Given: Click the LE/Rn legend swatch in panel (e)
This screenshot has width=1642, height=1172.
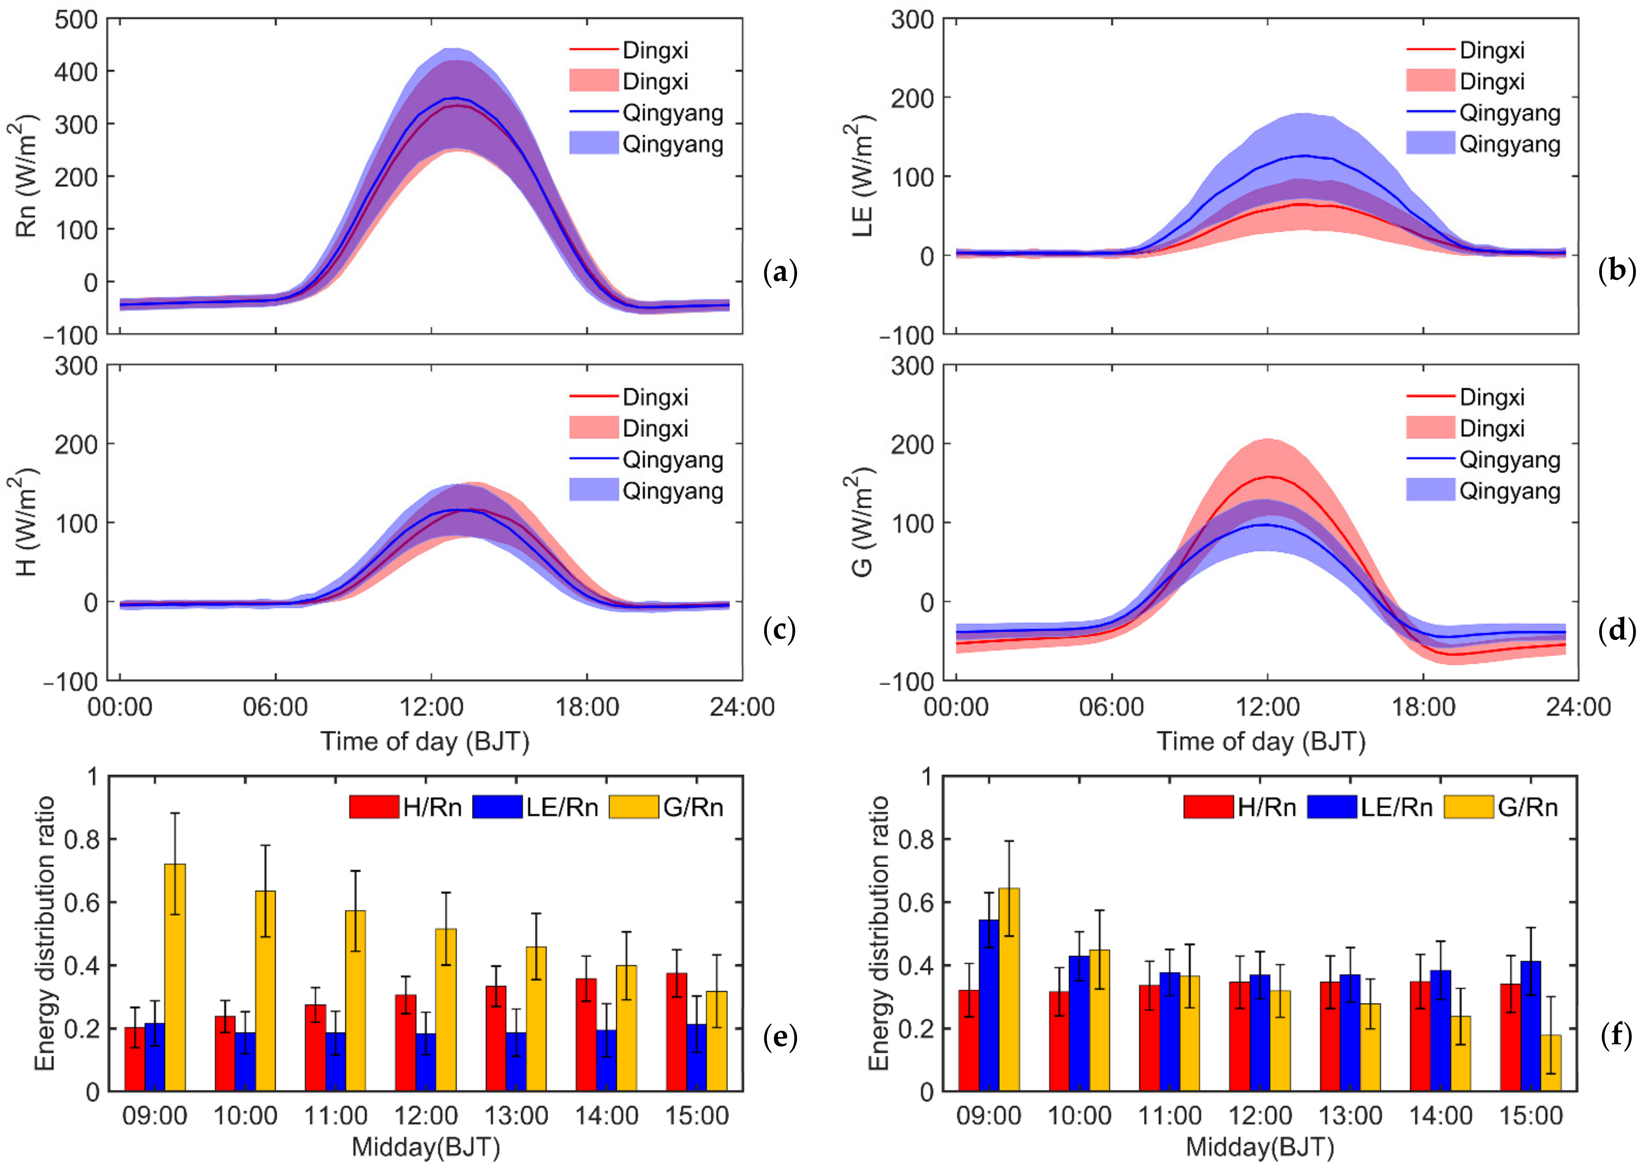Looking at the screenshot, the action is tap(497, 807).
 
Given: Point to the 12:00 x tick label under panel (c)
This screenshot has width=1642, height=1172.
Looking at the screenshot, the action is tap(432, 707).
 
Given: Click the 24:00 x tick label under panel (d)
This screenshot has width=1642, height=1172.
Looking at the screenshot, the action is tap(1578, 707).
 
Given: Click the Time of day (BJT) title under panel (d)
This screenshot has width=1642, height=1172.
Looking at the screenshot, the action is tap(1261, 741).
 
